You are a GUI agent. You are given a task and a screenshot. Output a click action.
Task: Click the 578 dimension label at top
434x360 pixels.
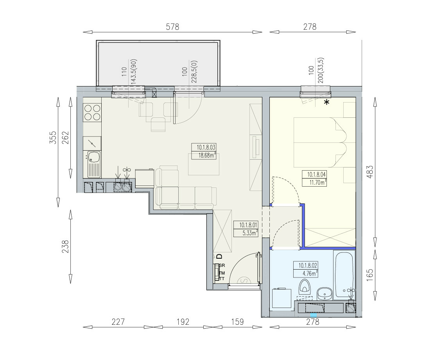coord(172,27)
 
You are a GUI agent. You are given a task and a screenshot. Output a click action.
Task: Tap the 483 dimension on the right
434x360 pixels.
coord(369,171)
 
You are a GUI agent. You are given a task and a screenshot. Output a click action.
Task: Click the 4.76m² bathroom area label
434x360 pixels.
coord(308,274)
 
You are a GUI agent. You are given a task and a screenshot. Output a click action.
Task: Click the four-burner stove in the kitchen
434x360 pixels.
coord(92,112)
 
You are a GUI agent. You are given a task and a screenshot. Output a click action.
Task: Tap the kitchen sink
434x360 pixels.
coord(94,164)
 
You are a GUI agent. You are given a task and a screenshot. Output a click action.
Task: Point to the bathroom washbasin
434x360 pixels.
coord(325,293)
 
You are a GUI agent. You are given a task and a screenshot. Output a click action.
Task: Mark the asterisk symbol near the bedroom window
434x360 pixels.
coord(327,102)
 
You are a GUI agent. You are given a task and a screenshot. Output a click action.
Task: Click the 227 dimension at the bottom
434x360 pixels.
coord(118,322)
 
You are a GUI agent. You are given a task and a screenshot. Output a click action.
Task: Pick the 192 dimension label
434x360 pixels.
coord(183,322)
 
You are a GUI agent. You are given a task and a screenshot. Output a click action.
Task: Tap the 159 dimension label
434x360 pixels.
coord(237,322)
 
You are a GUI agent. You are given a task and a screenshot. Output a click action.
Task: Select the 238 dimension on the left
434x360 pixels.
coord(65,246)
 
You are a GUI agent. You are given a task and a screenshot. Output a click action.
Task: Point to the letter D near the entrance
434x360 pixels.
coord(219,256)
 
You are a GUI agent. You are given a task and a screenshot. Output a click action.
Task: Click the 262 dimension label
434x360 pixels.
coord(65,137)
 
